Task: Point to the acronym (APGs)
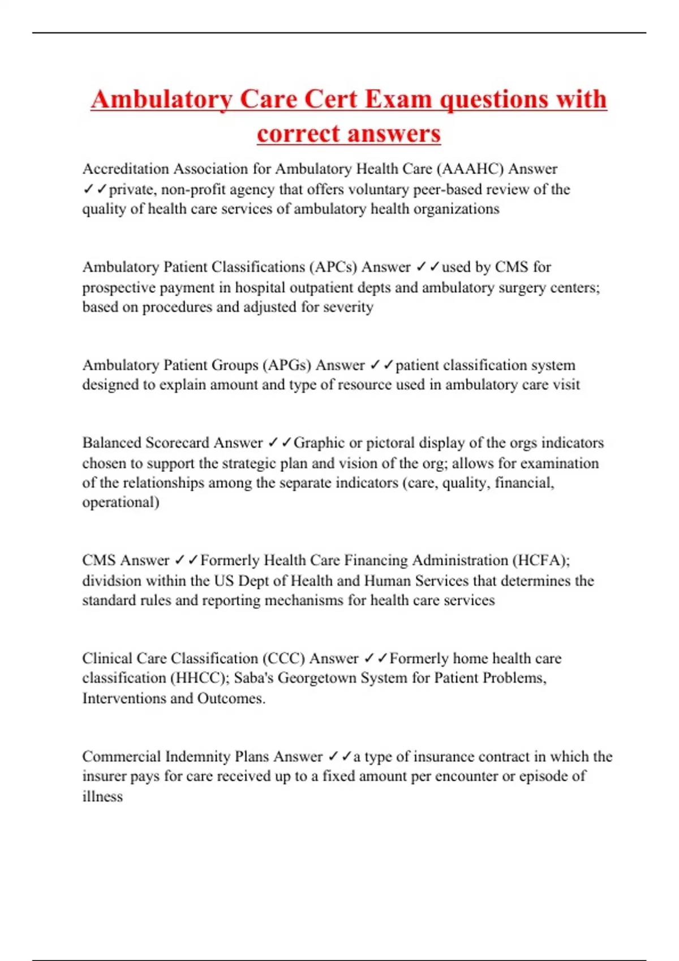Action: pyautogui.click(x=286, y=365)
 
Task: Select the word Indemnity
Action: pyautogui.click(x=197, y=756)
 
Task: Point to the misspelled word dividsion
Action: pyautogui.click(x=112, y=581)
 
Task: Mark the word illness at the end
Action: pyautogui.click(x=102, y=796)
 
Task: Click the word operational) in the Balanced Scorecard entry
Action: pyautogui.click(x=121, y=502)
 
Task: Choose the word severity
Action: pyautogui.click(x=348, y=308)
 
